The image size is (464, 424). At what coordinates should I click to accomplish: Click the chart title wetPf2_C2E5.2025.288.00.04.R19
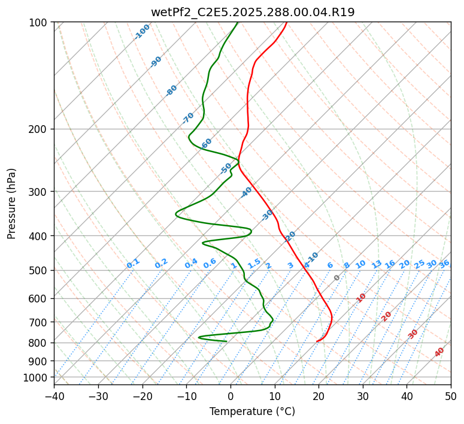coord(252,12)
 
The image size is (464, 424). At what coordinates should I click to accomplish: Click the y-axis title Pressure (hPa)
coord(12,204)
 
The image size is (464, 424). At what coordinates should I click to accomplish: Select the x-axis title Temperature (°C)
coord(252,411)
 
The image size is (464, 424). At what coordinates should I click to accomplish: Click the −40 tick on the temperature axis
coord(54,396)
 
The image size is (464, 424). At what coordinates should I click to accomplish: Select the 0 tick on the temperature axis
coord(231,396)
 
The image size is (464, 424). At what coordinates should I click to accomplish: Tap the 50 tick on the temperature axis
coord(451,396)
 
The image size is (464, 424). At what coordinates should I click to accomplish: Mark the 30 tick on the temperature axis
coord(363,396)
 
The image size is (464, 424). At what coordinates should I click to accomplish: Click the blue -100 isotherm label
coord(142,32)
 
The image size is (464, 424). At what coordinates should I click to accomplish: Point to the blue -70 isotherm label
coord(188,118)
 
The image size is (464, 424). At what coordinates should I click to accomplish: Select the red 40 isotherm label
coord(439,352)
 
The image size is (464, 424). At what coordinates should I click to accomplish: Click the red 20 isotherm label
coord(387,316)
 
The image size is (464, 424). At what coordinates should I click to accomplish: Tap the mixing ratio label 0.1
coord(133,264)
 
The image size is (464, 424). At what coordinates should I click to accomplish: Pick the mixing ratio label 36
coord(444,264)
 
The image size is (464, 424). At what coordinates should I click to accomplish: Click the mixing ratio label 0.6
coord(210,264)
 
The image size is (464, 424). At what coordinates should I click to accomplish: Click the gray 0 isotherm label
coord(337,278)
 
